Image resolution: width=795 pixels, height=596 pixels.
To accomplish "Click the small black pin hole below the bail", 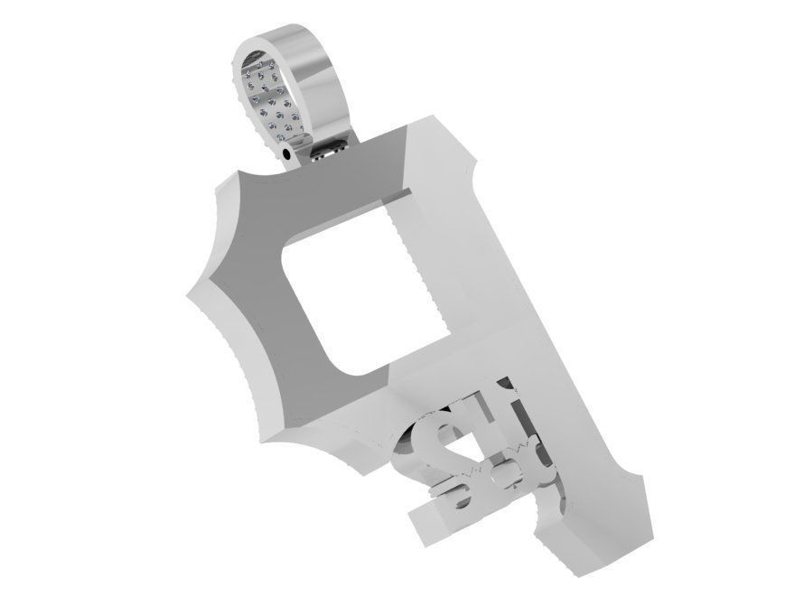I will pos(287,154).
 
